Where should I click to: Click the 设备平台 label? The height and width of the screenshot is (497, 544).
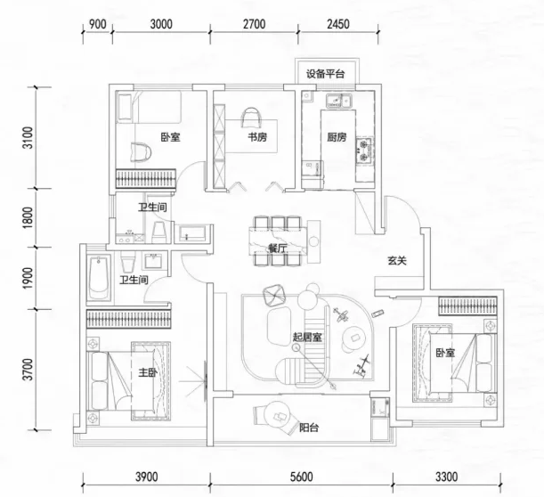(x=325, y=74)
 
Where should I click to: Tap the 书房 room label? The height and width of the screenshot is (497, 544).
(x=257, y=137)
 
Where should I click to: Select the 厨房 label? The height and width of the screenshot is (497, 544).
(x=337, y=137)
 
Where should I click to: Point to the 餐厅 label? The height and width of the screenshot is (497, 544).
(x=278, y=248)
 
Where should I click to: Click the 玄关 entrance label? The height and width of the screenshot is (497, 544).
(x=397, y=261)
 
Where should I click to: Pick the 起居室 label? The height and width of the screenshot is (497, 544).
(x=307, y=337)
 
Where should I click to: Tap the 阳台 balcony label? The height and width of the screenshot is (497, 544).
(x=309, y=428)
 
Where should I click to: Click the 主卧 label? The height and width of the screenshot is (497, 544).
(x=148, y=373)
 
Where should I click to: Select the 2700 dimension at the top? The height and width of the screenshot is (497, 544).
(x=254, y=24)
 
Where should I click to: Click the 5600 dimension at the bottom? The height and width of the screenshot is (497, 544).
(x=301, y=477)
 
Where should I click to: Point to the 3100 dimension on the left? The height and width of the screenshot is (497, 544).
(x=28, y=138)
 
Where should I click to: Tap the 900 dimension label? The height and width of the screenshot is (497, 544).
(x=97, y=24)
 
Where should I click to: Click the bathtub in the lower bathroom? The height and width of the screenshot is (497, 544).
(x=99, y=279)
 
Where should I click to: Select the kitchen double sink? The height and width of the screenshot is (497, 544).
(x=338, y=101)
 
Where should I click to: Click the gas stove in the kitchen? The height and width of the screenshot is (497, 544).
(x=364, y=151)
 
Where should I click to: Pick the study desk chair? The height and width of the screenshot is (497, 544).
(x=252, y=118)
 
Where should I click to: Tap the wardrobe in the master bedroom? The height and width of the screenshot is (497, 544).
(x=128, y=319)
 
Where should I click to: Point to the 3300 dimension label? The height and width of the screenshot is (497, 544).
(x=447, y=477)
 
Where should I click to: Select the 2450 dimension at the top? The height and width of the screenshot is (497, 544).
(x=338, y=24)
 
